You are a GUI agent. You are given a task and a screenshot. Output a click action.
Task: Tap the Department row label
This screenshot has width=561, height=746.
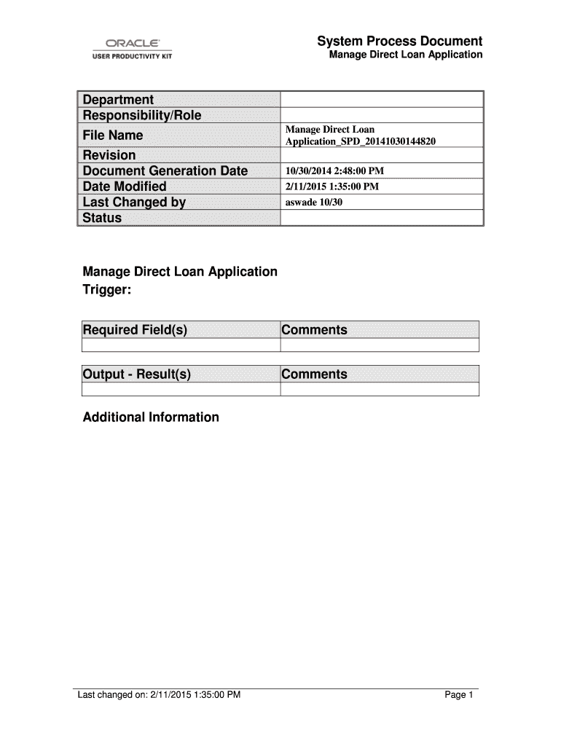[x=118, y=100]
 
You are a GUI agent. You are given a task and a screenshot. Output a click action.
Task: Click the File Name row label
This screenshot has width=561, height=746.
[x=113, y=136]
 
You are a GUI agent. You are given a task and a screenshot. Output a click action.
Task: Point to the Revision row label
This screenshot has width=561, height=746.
[x=109, y=155]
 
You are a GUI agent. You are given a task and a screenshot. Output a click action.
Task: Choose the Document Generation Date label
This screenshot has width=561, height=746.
[x=165, y=171]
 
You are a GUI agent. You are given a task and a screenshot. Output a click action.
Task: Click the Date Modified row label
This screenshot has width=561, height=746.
[x=125, y=186]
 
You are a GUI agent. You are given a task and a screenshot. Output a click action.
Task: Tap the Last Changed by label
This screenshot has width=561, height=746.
[x=134, y=203]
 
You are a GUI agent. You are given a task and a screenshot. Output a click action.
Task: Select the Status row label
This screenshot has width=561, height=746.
[x=103, y=218]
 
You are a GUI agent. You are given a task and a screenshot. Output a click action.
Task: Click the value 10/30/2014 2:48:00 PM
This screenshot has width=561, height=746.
[x=334, y=171]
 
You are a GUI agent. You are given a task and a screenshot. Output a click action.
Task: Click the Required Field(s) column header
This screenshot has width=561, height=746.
[x=135, y=330]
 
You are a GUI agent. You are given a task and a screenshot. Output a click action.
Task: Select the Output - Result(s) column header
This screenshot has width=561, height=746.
[x=137, y=374]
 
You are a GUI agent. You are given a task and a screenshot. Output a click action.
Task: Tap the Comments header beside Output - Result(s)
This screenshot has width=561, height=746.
[x=315, y=374]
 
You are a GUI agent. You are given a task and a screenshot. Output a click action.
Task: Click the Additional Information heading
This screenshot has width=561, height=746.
[x=151, y=417]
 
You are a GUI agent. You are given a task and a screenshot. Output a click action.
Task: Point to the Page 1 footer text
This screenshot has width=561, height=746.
[x=460, y=695]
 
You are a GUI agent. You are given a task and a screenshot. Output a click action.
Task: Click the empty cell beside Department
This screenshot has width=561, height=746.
[x=382, y=100]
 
